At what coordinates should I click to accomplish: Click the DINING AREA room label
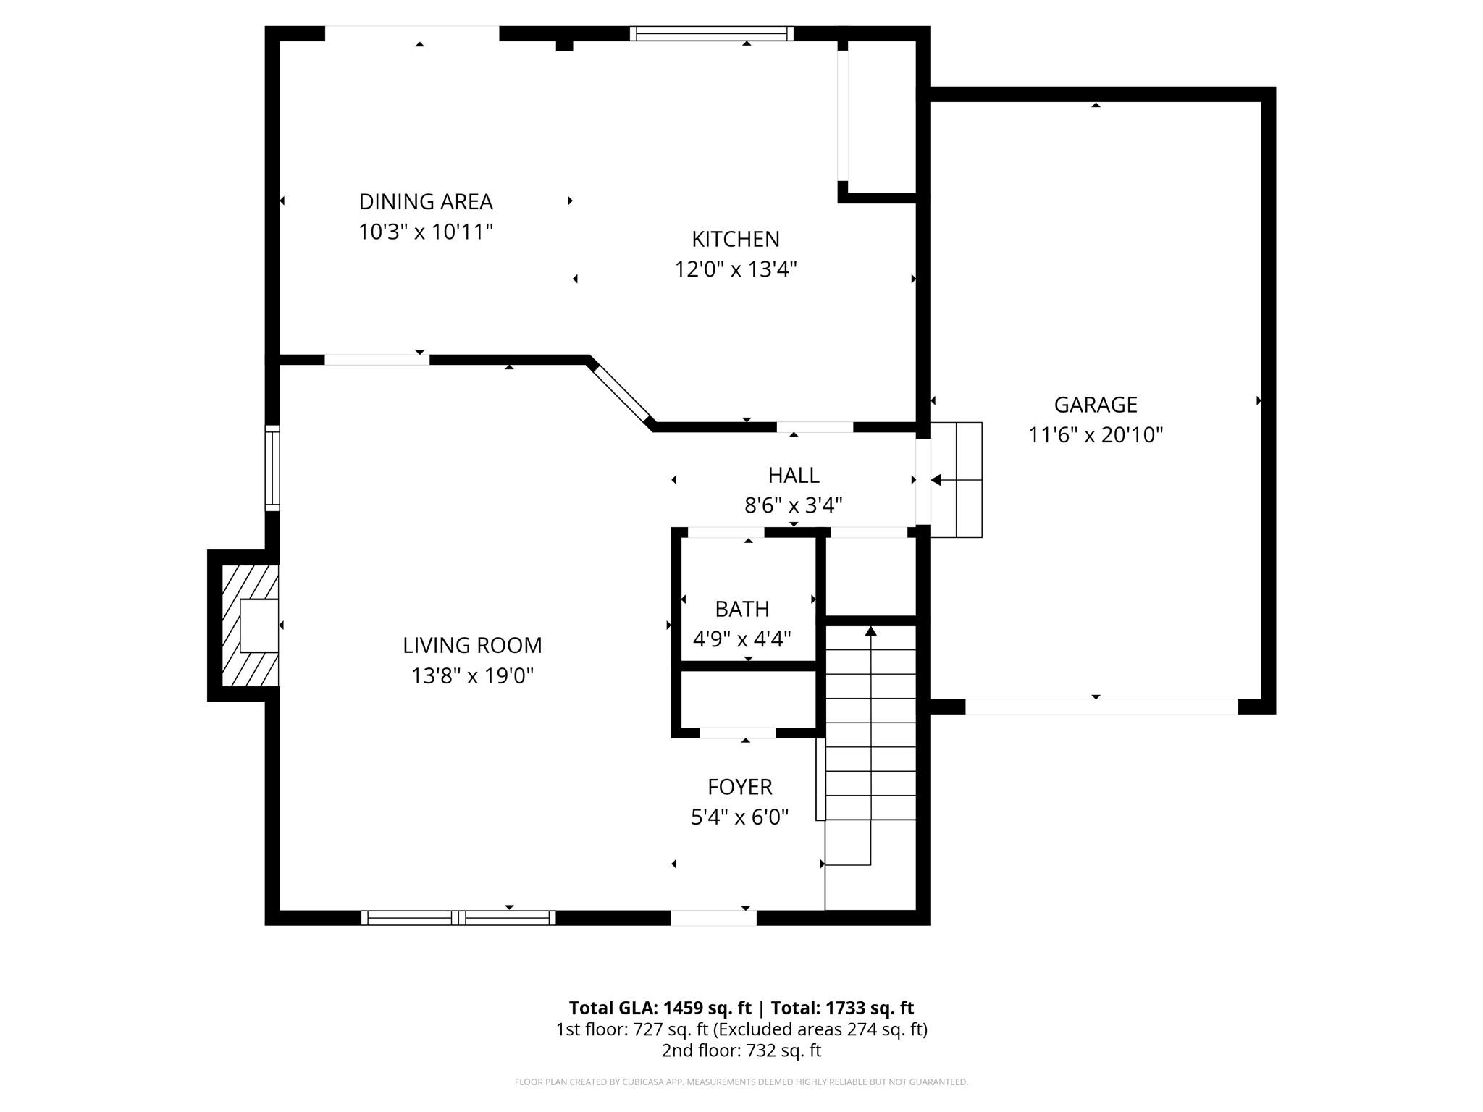pos(426,201)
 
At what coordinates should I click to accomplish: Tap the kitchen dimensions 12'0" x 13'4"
pos(736,269)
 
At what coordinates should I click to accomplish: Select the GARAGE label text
pos(1095,404)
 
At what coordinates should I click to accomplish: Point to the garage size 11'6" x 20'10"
pos(1095,435)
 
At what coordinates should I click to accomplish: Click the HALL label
pos(794,475)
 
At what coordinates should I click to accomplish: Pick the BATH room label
pos(741,609)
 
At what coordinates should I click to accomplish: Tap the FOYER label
pos(739,786)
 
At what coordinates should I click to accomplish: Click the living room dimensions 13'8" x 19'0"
pos(472,676)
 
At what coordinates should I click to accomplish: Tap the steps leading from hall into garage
pos(957,479)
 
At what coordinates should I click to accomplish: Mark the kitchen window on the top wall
pos(711,33)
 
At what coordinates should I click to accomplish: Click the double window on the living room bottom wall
pos(458,918)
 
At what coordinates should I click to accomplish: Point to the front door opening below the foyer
pos(713,918)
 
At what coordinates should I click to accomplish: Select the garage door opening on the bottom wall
pos(1101,707)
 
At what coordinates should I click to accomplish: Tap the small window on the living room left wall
pos(272,468)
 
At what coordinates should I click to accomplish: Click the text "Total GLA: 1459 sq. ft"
pos(660,1008)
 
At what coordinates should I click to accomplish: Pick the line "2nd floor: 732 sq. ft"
pos(741,1050)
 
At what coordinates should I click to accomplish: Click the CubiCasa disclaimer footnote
pos(741,1082)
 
